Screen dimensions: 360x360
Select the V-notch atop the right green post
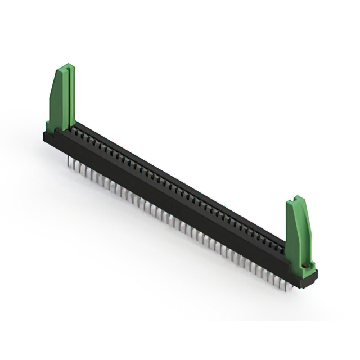coord(296,199)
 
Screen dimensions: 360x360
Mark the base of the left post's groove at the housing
coord(67,127)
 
